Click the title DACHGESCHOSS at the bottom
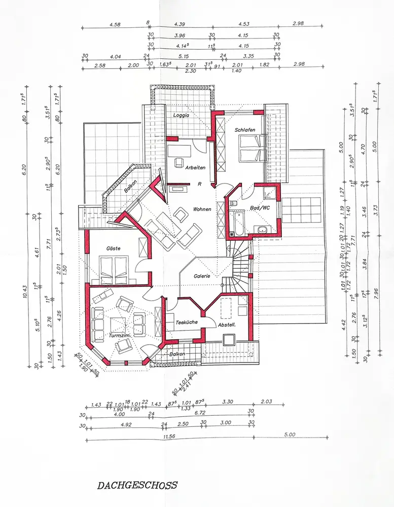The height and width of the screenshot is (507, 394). point(137,485)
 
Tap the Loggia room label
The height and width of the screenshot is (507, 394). point(181,115)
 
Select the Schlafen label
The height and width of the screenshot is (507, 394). point(244,130)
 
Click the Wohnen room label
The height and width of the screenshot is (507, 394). point(202,209)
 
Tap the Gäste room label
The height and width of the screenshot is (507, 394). point(113,248)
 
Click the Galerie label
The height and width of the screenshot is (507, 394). point(202,276)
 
